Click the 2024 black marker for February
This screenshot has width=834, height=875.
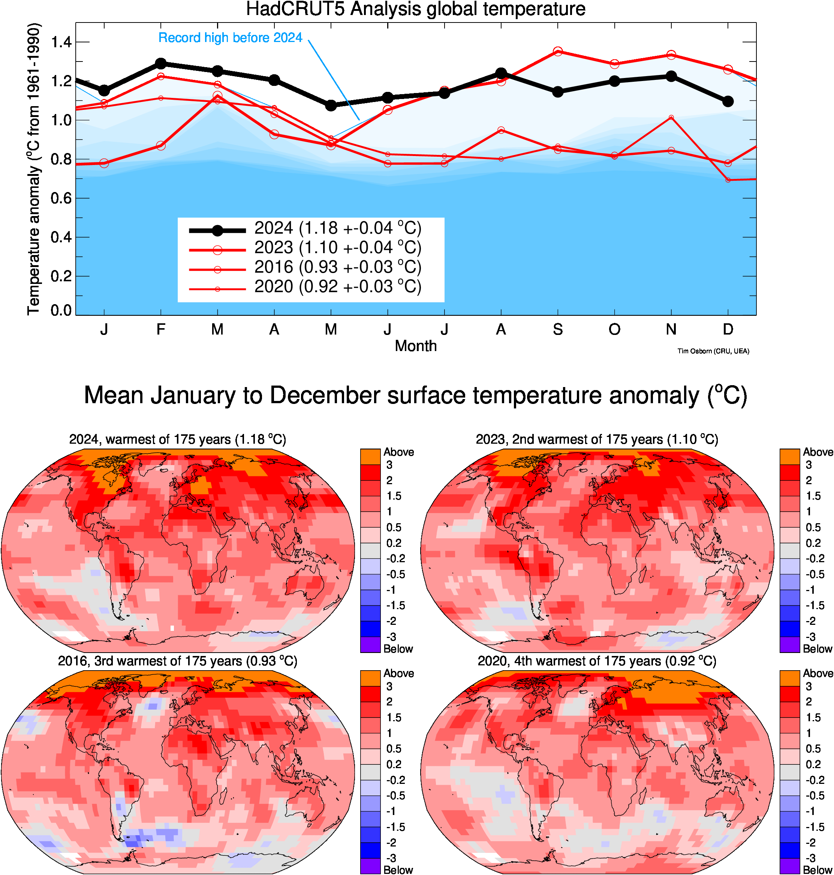pyautogui.click(x=160, y=64)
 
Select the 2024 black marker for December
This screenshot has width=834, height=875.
pyautogui.click(x=728, y=101)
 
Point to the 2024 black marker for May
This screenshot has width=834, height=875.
pyautogui.click(x=331, y=105)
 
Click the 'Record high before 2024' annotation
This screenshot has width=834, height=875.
pyautogui.click(x=230, y=38)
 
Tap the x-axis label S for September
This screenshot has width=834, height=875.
pyautogui.click(x=558, y=330)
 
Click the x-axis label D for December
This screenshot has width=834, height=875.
pyautogui.click(x=728, y=330)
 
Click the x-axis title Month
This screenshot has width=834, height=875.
pyautogui.click(x=416, y=346)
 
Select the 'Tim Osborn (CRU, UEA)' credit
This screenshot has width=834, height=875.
pyautogui.click(x=713, y=351)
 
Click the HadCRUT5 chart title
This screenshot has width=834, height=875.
pyautogui.click(x=416, y=9)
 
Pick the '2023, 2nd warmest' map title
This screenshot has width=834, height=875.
pyautogui.click(x=597, y=440)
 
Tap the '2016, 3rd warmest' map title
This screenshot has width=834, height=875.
pyautogui.click(x=177, y=661)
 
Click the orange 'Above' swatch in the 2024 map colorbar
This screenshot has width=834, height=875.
pyautogui.click(x=370, y=457)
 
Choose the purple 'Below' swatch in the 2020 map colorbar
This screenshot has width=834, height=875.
pyautogui.click(x=789, y=866)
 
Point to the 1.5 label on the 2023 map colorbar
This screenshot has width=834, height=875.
pyautogui.click(x=813, y=496)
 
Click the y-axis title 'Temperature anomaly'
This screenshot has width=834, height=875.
pyautogui.click(x=34, y=169)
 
